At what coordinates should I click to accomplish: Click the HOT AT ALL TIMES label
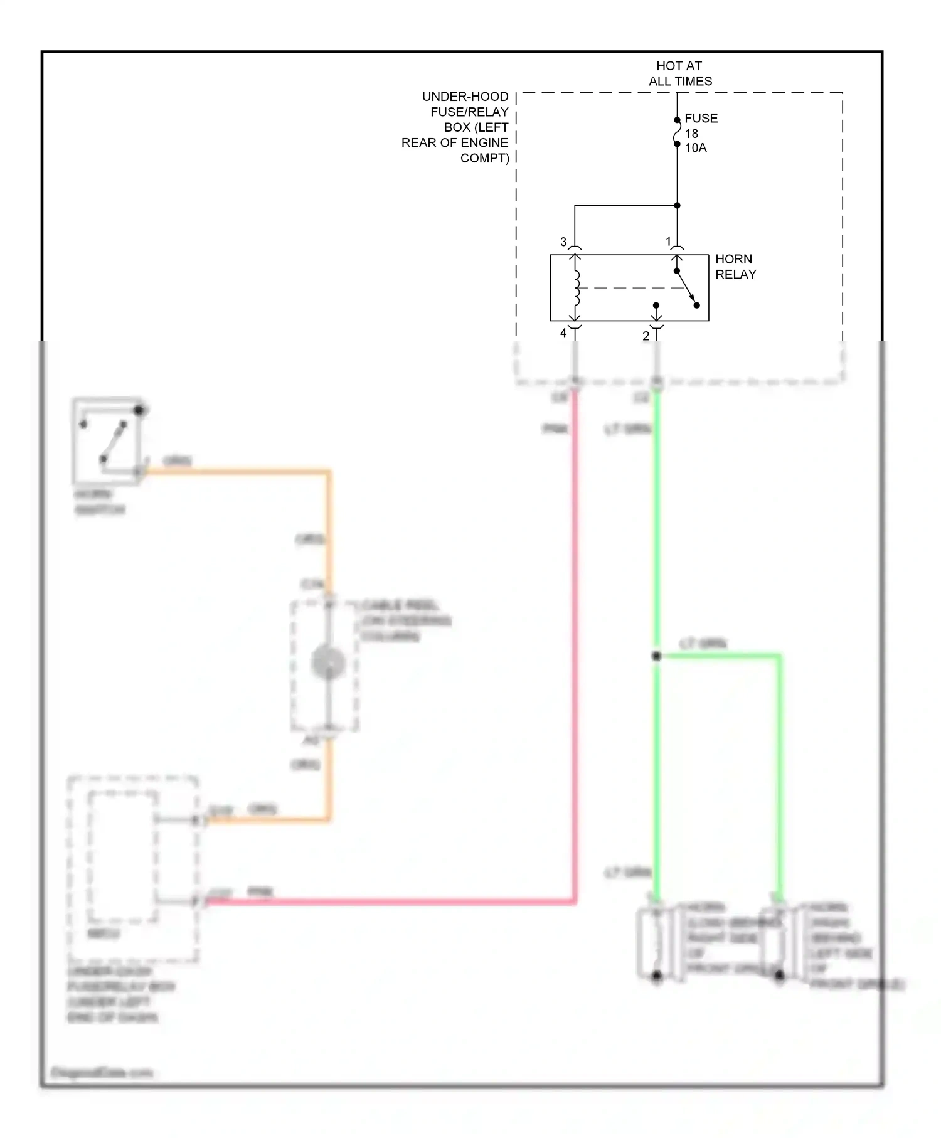tap(679, 73)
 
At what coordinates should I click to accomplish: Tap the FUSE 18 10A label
tap(700, 133)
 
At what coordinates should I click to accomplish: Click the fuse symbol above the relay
tap(677, 132)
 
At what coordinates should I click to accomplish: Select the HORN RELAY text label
tap(735, 267)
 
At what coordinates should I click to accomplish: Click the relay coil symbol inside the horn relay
tap(576, 288)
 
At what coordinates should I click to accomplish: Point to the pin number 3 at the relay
tap(563, 242)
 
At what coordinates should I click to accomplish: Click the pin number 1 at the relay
tap(668, 241)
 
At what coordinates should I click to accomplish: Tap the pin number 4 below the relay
tap(563, 333)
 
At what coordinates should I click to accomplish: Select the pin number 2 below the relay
tap(646, 336)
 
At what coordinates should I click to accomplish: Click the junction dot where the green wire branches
tap(656, 656)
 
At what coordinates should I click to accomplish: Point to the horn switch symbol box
tap(107, 441)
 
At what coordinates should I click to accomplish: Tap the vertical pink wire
tap(574, 627)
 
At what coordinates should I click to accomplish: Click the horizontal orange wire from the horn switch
tap(238, 471)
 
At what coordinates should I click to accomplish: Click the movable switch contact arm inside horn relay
tap(686, 289)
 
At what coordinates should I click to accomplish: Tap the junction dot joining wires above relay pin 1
tap(677, 205)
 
